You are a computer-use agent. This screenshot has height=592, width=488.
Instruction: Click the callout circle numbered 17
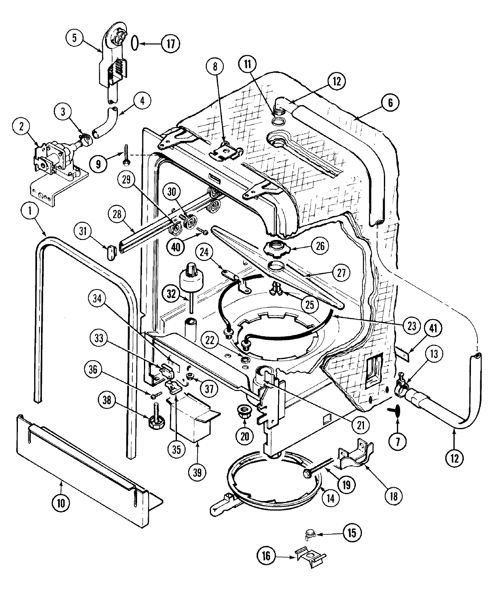coord(171,43)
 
